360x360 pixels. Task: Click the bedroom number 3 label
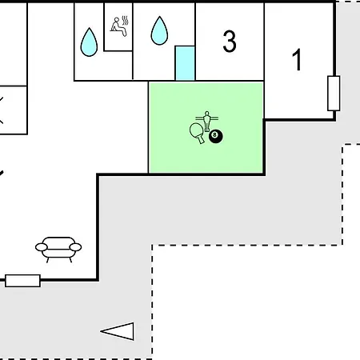click(230, 41)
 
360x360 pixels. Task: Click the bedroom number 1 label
click(297, 59)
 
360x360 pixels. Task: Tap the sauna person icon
click(119, 26)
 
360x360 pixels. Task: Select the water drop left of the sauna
click(89, 42)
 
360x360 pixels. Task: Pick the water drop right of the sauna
click(159, 30)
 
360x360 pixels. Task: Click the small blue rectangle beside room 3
click(185, 63)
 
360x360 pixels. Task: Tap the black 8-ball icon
click(216, 136)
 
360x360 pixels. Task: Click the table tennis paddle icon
click(197, 133)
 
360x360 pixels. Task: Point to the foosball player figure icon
click(207, 121)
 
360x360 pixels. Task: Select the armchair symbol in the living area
click(58, 250)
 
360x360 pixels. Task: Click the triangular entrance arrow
click(118, 331)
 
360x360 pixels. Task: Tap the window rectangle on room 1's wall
click(334, 93)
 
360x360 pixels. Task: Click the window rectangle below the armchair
click(22, 281)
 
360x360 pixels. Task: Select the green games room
click(206, 128)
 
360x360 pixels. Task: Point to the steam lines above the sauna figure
click(125, 21)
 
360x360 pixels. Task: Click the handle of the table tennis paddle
click(201, 139)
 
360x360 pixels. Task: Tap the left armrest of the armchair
click(42, 247)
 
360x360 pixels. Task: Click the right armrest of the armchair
click(75, 247)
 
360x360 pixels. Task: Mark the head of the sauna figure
click(117, 19)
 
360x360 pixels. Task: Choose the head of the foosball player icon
click(207, 113)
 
